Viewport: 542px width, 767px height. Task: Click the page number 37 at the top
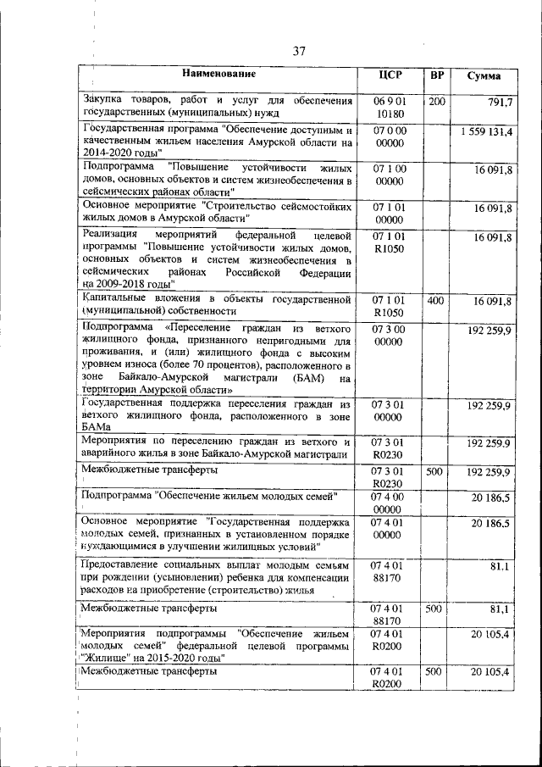click(x=299, y=52)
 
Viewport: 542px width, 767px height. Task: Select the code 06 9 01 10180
click(x=390, y=108)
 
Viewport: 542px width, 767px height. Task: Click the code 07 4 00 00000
click(x=390, y=502)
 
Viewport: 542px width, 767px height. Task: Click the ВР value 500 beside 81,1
click(x=434, y=609)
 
